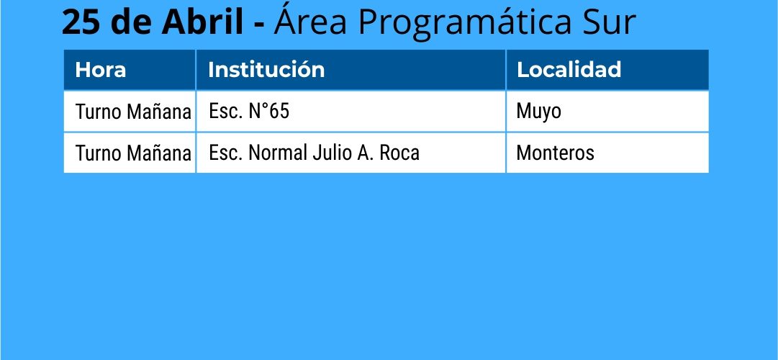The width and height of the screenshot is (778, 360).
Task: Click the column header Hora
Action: pyautogui.click(x=100, y=70)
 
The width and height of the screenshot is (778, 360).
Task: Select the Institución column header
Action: pyautogui.click(x=266, y=70)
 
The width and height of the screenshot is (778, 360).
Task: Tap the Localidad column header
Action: pyautogui.click(x=569, y=70)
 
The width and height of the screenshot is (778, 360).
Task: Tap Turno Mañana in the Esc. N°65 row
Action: pyautogui.click(x=133, y=112)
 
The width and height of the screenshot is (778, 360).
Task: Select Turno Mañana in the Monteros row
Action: pyautogui.click(x=133, y=153)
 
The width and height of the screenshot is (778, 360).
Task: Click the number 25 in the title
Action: pyautogui.click(x=78, y=22)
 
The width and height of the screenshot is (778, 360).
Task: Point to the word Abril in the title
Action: pyautogui.click(x=202, y=22)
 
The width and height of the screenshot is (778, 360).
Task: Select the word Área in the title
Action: pyautogui.click(x=310, y=21)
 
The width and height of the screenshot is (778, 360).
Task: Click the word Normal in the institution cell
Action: pyautogui.click(x=278, y=153)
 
